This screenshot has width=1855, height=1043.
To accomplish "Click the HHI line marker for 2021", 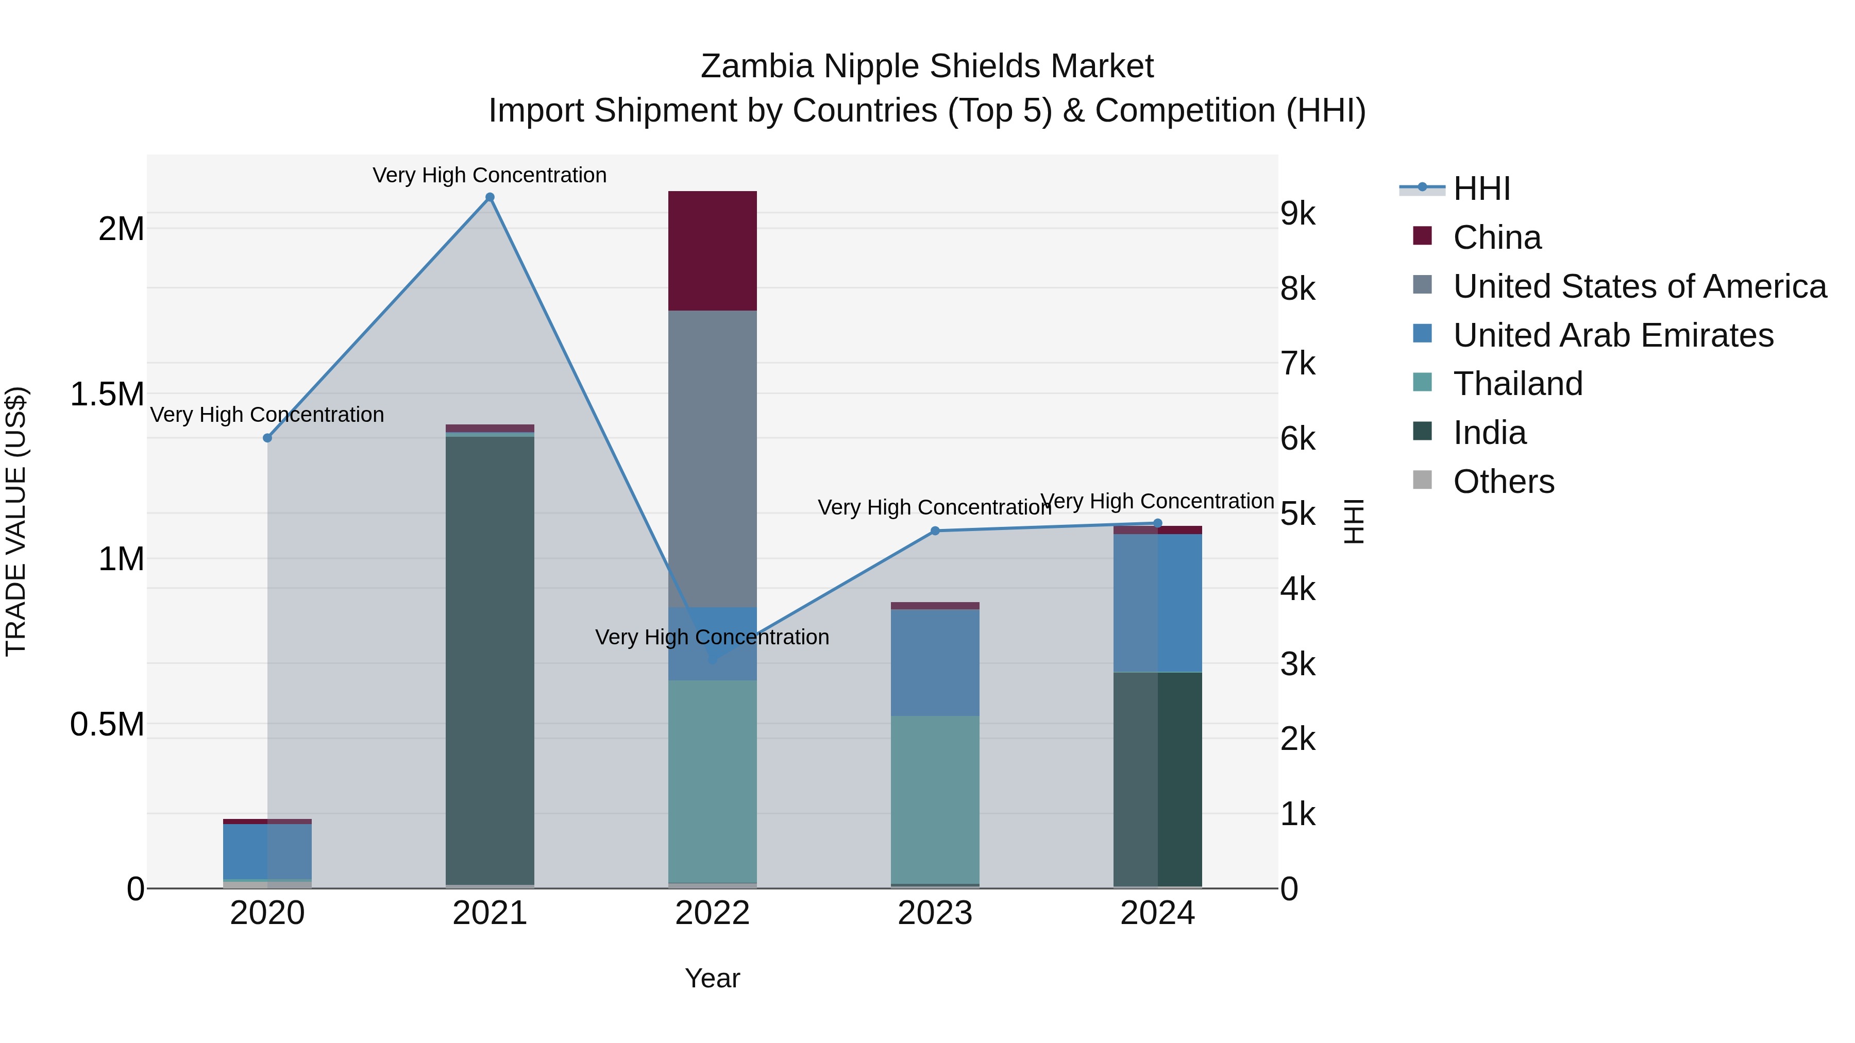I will point(490,197).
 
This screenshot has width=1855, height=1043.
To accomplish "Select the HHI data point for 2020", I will point(267,438).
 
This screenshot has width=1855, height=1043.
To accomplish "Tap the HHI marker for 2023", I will point(935,531).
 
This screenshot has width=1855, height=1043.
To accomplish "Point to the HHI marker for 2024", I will point(1157,523).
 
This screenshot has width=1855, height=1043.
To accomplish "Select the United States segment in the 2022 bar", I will point(712,458).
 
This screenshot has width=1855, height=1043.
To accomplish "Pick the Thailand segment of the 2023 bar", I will point(935,799).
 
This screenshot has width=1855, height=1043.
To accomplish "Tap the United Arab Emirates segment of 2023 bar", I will point(935,662).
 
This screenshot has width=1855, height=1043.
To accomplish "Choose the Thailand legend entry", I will point(1517,384).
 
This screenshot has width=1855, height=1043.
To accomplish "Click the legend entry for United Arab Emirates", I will point(1612,335).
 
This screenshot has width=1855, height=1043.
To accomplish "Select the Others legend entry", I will point(1503,482).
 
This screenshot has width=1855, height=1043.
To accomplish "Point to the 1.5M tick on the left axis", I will point(107,395).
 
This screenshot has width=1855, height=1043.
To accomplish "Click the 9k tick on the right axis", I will point(1297,214).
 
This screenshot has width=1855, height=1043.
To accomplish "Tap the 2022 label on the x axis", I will point(712,913).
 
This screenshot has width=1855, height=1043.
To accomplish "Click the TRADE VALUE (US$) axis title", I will point(16,521).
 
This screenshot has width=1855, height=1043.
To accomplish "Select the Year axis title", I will point(712,978).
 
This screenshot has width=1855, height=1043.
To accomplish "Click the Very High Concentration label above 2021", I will point(490,175).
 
